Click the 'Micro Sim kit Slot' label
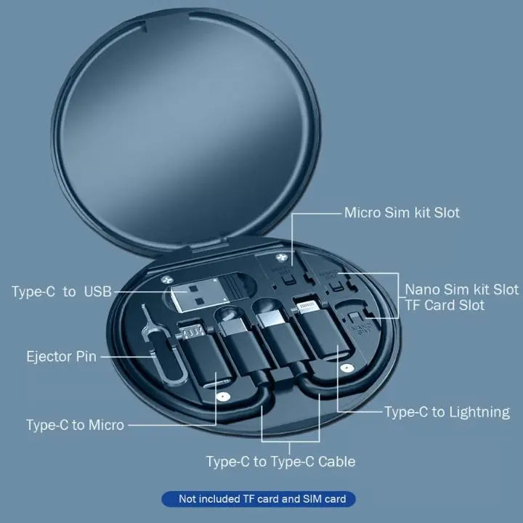click(x=402, y=213)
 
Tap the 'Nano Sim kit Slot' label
click(x=461, y=289)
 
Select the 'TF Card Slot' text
click(x=445, y=305)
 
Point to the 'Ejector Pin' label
click(x=61, y=357)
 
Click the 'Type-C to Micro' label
click(x=75, y=425)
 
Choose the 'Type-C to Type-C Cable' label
click(x=280, y=461)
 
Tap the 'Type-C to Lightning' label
click(x=447, y=412)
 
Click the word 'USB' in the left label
click(x=98, y=292)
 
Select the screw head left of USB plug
click(x=166, y=277)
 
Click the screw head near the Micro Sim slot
click(x=278, y=259)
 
